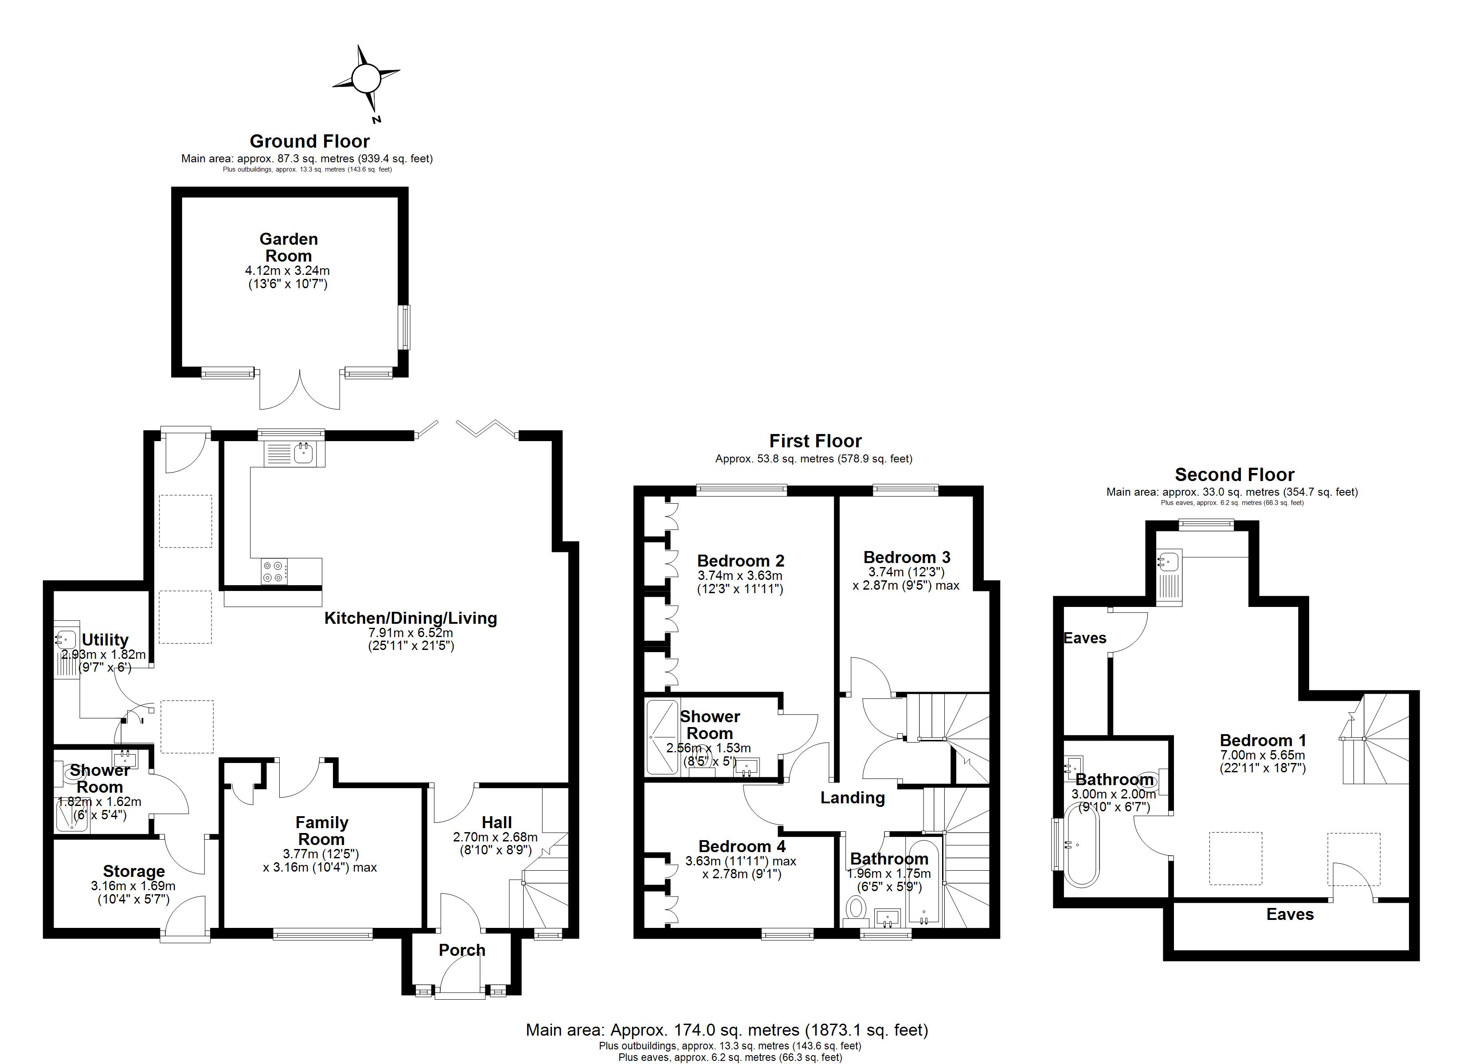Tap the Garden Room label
(288, 247)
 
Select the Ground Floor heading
(309, 141)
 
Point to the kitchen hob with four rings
(274, 572)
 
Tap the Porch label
(462, 950)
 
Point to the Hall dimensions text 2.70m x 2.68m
(495, 837)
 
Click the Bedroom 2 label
(740, 561)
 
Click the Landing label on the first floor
(852, 798)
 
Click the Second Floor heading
(1235, 475)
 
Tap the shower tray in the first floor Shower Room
(662, 737)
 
